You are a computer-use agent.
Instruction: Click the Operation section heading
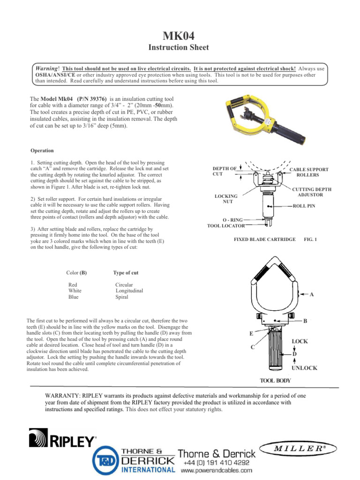point(42,150)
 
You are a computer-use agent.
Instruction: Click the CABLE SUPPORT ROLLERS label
point(308,172)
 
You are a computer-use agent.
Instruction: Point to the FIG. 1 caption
point(310,240)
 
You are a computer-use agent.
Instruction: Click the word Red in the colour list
point(73,285)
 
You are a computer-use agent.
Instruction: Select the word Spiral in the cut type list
point(123,297)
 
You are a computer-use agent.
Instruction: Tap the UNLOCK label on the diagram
point(304,368)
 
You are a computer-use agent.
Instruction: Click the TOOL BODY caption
point(275,380)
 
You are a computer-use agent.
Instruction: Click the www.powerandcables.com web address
point(217,470)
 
